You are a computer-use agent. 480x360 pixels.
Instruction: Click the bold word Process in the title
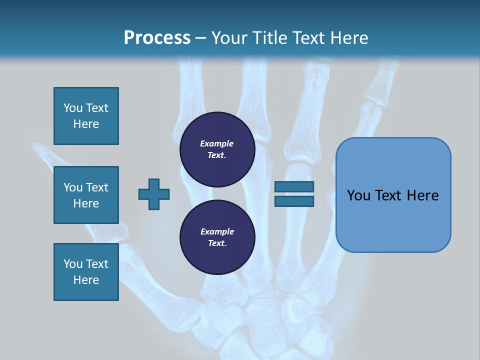coord(157,38)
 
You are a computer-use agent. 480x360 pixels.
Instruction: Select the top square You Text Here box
coord(86,116)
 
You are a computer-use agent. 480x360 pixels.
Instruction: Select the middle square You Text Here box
coord(86,195)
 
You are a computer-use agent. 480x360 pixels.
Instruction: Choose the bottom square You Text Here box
coord(86,272)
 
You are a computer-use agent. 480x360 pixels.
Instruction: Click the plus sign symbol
coord(154,194)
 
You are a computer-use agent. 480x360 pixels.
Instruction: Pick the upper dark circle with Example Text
coord(217,149)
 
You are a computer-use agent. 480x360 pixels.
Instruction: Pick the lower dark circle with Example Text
coord(217,237)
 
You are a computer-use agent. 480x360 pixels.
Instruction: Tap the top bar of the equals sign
coord(294,187)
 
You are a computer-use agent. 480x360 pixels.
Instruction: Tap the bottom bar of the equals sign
coord(294,201)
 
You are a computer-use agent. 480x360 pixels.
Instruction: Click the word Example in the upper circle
coord(217,143)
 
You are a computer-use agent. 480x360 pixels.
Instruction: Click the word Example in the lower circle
coord(217,231)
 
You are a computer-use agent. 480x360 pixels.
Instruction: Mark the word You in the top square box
coord(73,108)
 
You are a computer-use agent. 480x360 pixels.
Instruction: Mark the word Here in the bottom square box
coord(86,280)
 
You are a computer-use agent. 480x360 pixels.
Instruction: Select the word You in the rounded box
coord(359,195)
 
